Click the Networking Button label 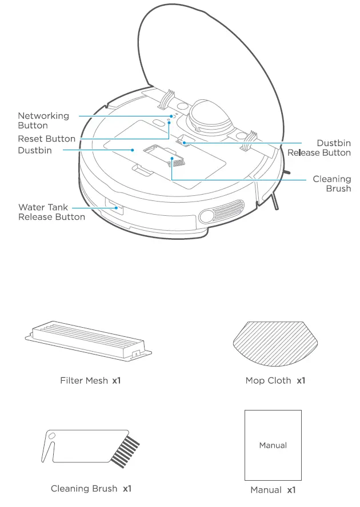43,120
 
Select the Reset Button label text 46,139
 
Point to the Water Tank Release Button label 51,212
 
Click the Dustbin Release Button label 319,148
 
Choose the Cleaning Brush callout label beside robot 332,184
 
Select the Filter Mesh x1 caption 90,380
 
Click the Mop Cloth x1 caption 275,380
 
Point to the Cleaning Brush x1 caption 91,489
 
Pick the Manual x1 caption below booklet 273,490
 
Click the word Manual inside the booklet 273,445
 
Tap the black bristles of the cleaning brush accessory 126,452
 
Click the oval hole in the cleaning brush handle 51,437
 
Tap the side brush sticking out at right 277,203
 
